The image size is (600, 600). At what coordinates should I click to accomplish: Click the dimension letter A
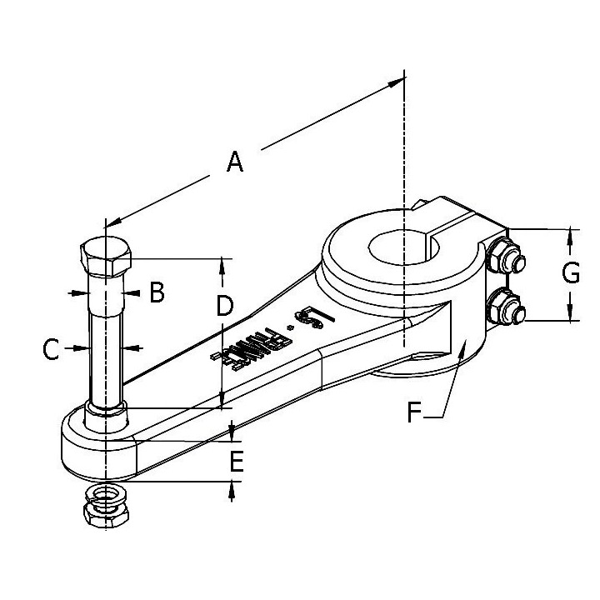(235, 161)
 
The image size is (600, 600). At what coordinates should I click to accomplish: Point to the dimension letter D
(222, 307)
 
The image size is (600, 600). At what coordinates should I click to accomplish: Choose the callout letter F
(414, 412)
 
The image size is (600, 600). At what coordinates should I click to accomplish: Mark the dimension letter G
(570, 273)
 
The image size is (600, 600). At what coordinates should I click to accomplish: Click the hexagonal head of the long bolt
(105, 259)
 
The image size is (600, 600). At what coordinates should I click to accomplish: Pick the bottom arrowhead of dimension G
(570, 314)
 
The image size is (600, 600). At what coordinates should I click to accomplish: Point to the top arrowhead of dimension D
(222, 266)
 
